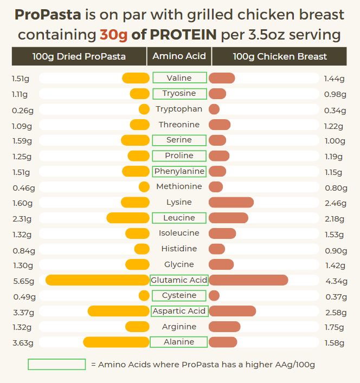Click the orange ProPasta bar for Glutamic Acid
pyautogui.click(x=98, y=280)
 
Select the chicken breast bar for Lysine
pyautogui.click(x=231, y=203)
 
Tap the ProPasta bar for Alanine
pyautogui.click(x=116, y=342)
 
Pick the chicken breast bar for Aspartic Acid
pyautogui.click(x=233, y=311)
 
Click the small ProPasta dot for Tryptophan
pyautogui.click(x=144, y=109)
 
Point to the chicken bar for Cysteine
pyautogui.click(x=214, y=296)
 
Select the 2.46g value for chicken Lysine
pyautogui.click(x=335, y=203)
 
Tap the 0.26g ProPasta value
pyautogui.click(x=23, y=110)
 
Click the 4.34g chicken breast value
pyautogui.click(x=335, y=281)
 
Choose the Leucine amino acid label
pyautogui.click(x=179, y=218)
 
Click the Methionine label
pyautogui.click(x=179, y=186)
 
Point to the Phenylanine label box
pyautogui.click(x=179, y=171)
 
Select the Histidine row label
pyautogui.click(x=179, y=249)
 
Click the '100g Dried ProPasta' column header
pyautogui.click(x=79, y=56)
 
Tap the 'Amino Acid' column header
pyautogui.click(x=179, y=56)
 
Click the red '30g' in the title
pyautogui.click(x=113, y=35)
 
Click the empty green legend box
pyautogui.click(x=57, y=365)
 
